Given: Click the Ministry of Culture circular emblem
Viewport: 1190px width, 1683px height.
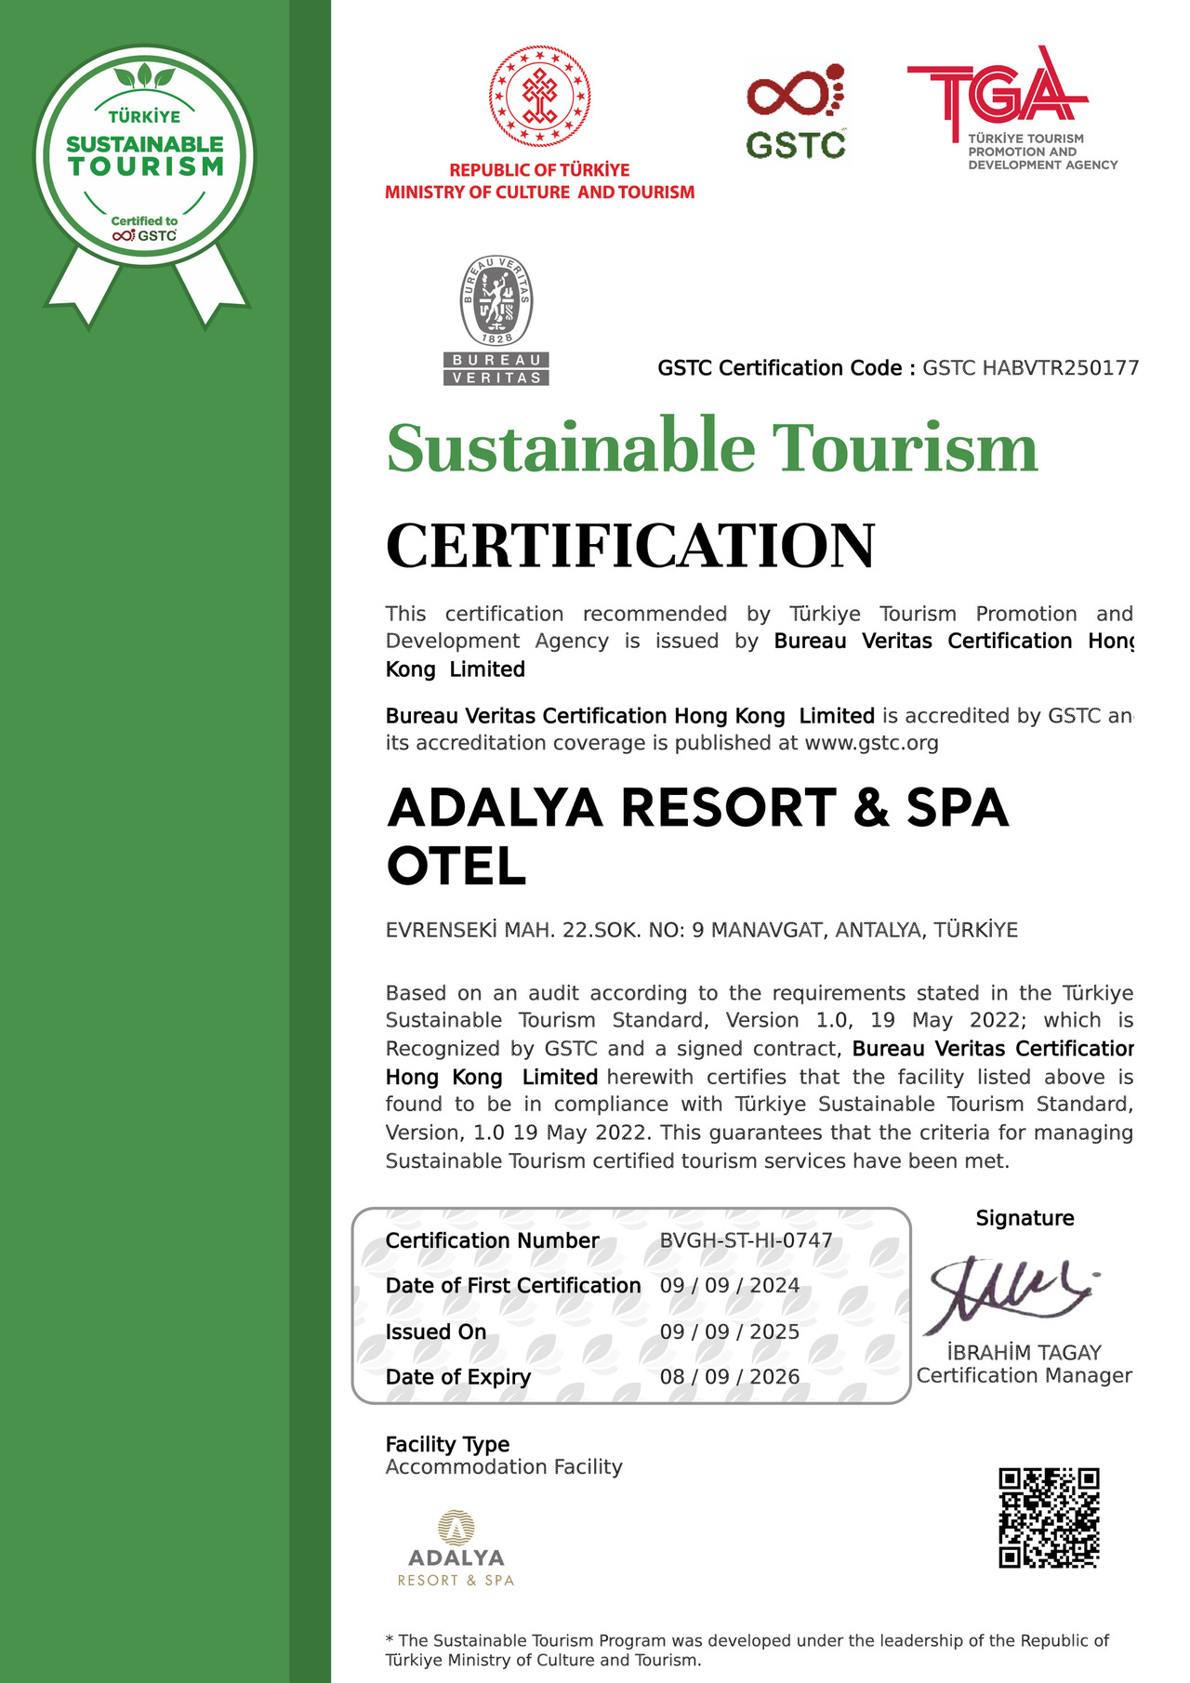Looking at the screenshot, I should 540,97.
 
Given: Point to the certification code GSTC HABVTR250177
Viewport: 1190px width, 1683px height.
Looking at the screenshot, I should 1030,368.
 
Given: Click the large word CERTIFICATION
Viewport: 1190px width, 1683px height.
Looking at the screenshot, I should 630,546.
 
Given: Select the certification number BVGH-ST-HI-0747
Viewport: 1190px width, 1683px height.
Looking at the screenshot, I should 746,1240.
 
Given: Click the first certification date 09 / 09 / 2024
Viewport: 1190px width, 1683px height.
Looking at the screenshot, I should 730,1286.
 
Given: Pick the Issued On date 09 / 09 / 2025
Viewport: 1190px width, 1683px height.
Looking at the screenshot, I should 730,1332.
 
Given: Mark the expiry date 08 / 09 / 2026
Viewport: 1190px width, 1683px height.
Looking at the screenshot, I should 730,1377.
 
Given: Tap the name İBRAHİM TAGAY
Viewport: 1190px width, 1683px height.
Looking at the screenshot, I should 1024,1353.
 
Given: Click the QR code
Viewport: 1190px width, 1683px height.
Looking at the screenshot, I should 1049,1518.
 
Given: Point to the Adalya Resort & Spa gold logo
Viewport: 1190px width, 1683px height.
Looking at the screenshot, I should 456,1549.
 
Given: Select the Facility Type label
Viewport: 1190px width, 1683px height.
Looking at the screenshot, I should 447,1444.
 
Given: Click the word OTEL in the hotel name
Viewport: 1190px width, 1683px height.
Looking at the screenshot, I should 456,867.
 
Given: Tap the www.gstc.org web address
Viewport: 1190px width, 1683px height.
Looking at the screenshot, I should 871,743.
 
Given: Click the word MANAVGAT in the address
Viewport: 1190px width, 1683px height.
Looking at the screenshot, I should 768,930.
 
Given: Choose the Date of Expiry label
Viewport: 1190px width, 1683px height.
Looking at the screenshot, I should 458,1377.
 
